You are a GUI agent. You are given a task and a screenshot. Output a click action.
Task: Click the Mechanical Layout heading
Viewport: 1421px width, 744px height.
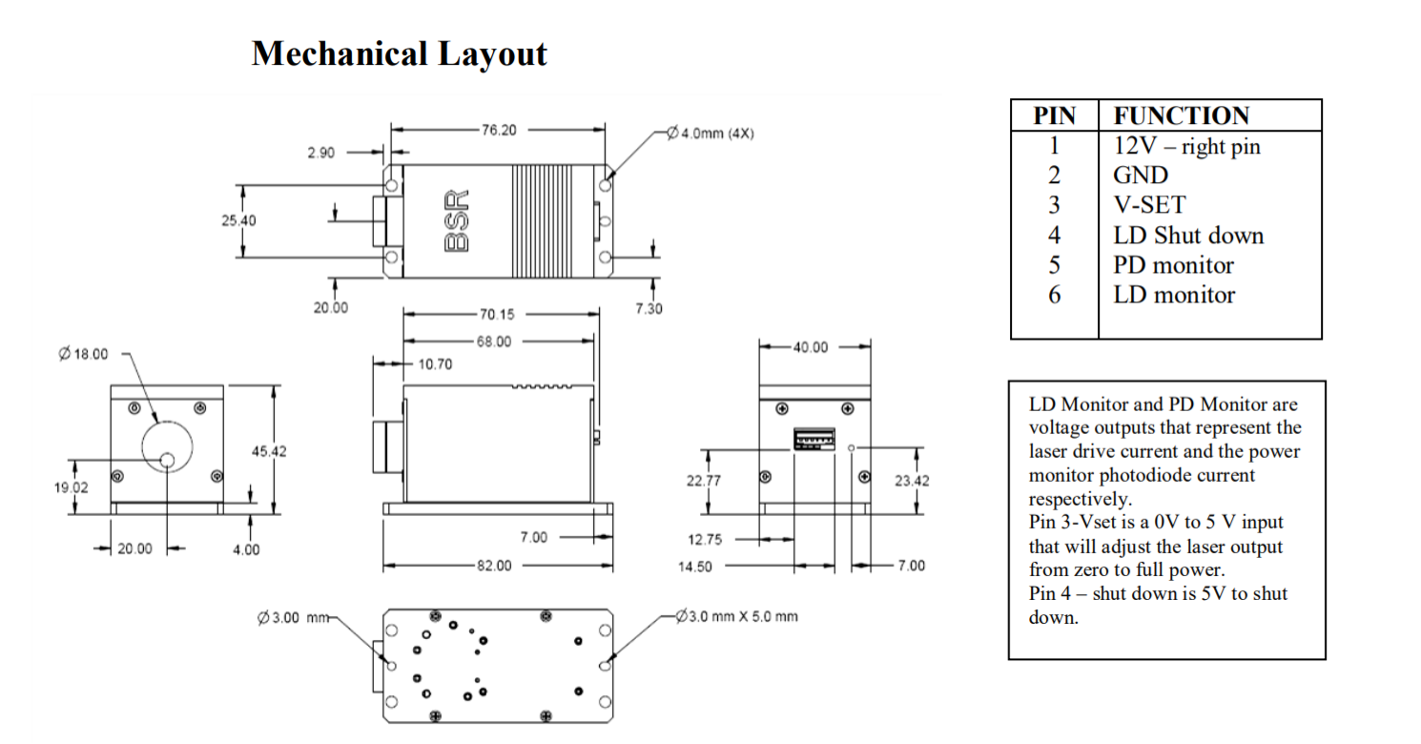pyautogui.click(x=399, y=53)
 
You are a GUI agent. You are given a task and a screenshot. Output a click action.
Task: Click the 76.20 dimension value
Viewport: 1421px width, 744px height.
pyautogui.click(x=499, y=130)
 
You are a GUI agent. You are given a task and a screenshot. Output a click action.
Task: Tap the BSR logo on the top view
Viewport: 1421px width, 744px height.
pyautogui.click(x=459, y=219)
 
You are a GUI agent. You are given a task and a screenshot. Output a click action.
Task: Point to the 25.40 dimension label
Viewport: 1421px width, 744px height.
pyautogui.click(x=238, y=219)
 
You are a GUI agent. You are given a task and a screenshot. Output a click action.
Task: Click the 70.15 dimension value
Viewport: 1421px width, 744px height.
pyautogui.click(x=493, y=314)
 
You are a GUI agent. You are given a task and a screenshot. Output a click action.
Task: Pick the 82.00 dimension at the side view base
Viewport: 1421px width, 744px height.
pyautogui.click(x=494, y=566)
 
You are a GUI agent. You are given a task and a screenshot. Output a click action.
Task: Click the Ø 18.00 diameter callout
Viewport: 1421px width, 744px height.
pyautogui.click(x=83, y=354)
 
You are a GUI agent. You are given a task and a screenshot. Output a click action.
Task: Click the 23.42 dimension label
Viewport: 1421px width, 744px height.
pyautogui.click(x=911, y=481)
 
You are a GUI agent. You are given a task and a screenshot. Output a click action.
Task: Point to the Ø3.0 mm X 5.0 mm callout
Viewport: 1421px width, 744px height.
pyautogui.click(x=736, y=616)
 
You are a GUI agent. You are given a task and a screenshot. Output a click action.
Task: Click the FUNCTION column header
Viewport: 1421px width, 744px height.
pyautogui.click(x=1181, y=116)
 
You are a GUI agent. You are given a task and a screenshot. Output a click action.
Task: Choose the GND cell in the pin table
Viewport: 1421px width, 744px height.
pyautogui.click(x=1140, y=176)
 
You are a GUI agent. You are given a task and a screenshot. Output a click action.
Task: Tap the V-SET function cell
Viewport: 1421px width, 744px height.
pyautogui.click(x=1149, y=205)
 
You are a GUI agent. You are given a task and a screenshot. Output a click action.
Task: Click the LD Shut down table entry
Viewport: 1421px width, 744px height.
pyautogui.click(x=1188, y=236)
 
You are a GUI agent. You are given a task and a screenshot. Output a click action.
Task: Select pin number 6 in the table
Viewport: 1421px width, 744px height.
pyautogui.click(x=1054, y=295)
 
